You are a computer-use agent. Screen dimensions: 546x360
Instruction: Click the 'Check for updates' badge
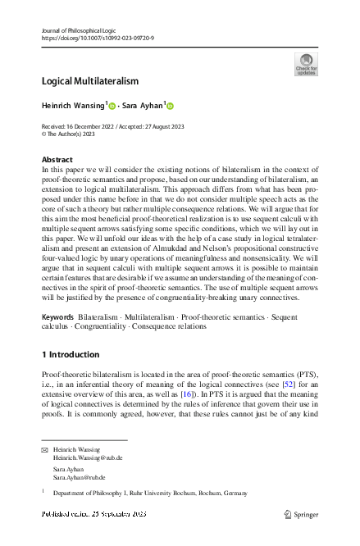click(x=305, y=64)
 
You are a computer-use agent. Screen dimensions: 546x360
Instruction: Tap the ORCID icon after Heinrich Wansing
click(x=112, y=105)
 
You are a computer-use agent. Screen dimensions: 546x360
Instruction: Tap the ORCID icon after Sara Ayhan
click(x=171, y=105)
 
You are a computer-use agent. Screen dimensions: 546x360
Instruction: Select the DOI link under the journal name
click(x=97, y=38)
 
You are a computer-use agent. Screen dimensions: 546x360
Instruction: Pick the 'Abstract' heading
click(x=57, y=159)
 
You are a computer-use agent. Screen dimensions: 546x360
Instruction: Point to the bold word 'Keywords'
click(x=58, y=316)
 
